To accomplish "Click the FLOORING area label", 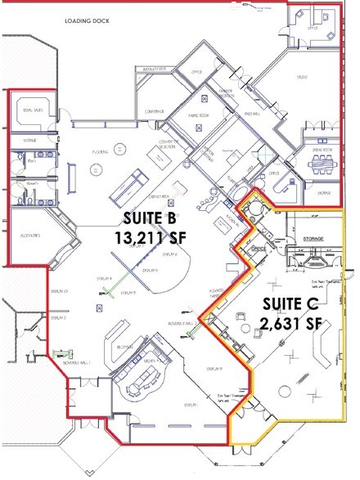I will coord(101,150).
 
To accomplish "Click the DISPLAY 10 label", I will coord(60,290).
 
